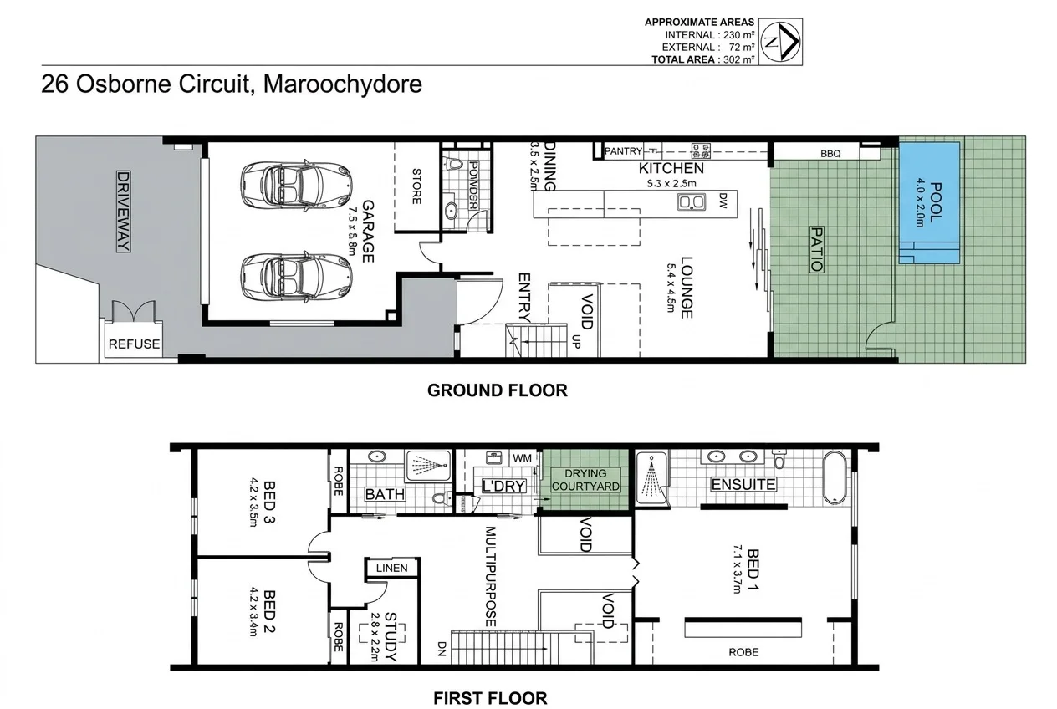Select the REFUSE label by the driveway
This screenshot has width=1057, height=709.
135,344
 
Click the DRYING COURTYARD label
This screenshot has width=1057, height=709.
585,480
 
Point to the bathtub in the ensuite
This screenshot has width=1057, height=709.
835,477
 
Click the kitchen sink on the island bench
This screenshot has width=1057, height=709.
692,201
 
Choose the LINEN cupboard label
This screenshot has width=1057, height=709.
391,569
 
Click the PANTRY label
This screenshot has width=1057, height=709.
623,151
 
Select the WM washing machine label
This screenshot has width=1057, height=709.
523,458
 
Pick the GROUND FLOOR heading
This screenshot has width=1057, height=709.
497,390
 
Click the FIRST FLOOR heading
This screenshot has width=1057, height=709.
490,697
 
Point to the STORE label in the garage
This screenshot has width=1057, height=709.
416,186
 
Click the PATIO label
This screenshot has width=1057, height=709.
815,248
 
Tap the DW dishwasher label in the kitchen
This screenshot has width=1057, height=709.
723,200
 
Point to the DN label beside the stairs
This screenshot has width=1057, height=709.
441,648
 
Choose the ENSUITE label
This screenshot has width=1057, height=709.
743,485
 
